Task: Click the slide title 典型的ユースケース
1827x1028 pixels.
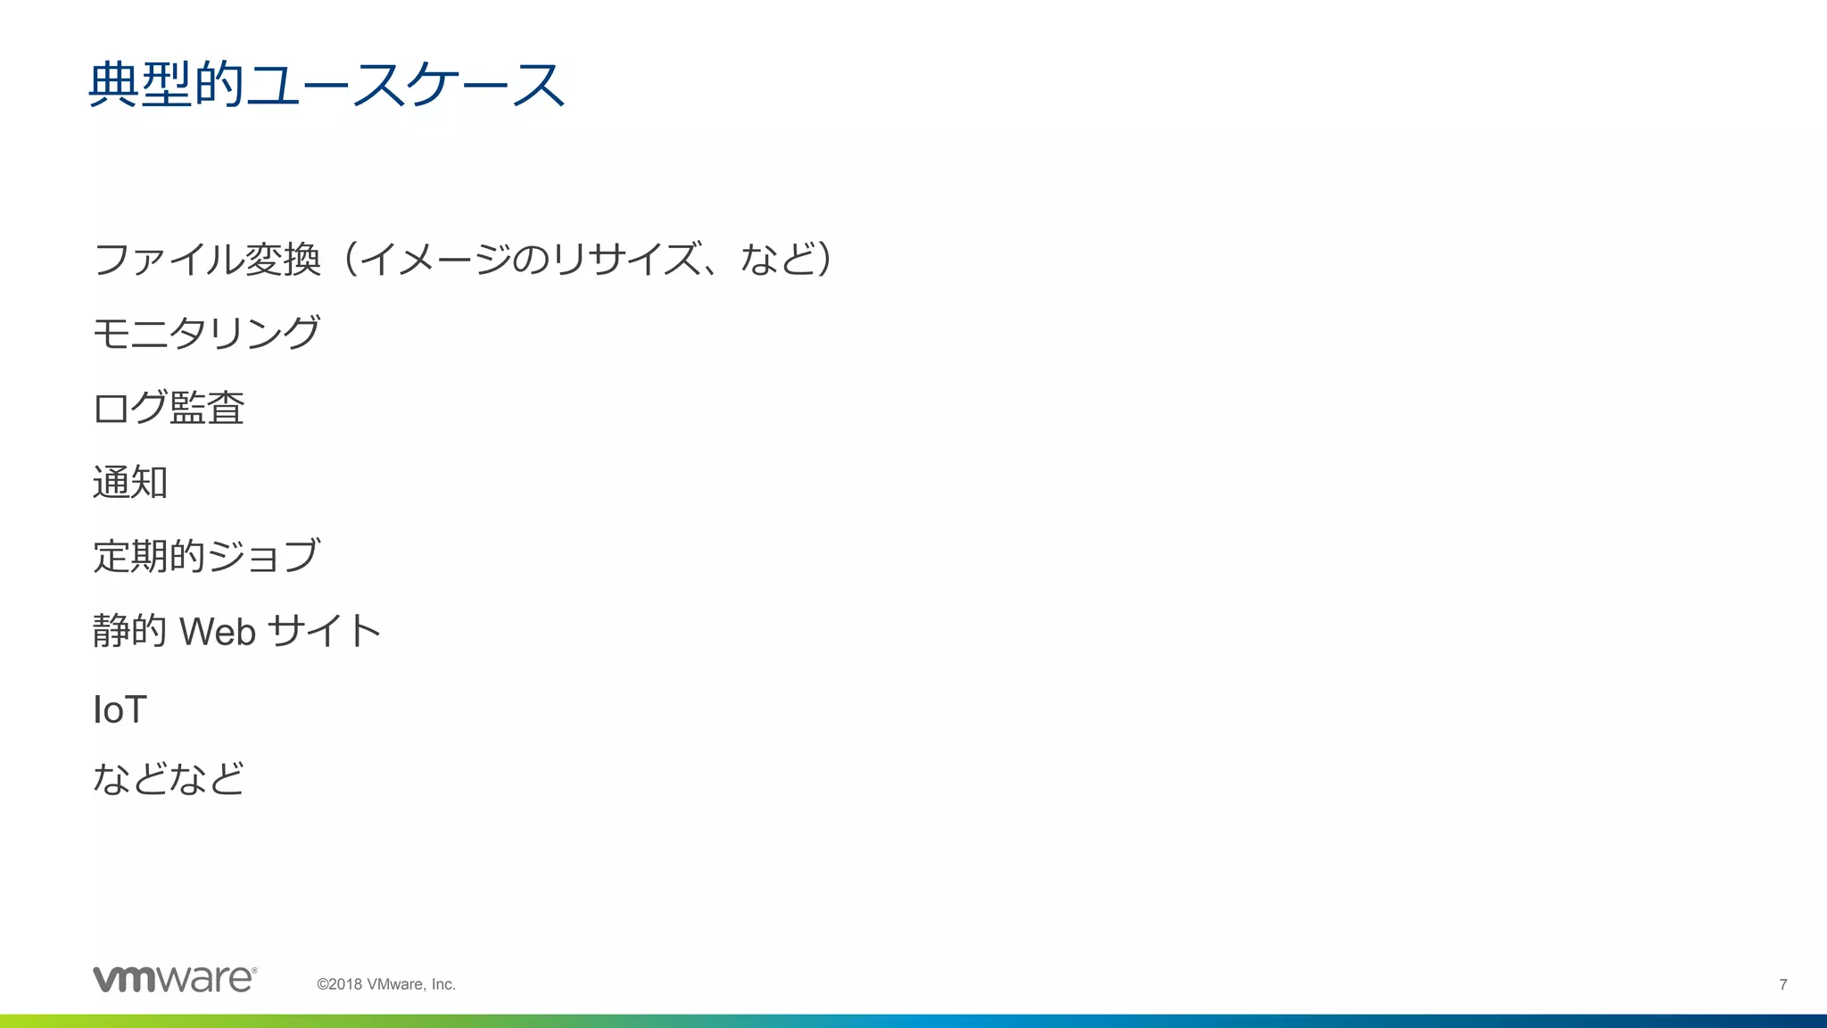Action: pos(327,86)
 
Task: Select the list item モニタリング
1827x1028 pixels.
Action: pos(206,333)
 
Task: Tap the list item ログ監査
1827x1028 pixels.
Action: pos(169,408)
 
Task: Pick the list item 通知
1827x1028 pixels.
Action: pos(130,483)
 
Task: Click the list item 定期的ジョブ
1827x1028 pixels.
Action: pos(206,556)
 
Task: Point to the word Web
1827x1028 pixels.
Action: pos(218,632)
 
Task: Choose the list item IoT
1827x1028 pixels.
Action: pos(120,710)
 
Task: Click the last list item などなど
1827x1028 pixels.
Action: pos(169,778)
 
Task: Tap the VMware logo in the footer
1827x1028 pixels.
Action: pos(175,979)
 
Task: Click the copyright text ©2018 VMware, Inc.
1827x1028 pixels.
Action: pos(386,984)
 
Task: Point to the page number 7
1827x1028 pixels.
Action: pos(1783,984)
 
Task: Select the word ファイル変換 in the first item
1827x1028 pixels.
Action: pos(206,260)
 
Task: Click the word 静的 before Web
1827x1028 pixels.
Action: pos(130,632)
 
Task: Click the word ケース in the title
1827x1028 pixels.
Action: pos(484,86)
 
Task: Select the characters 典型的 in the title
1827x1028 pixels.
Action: pos(166,86)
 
